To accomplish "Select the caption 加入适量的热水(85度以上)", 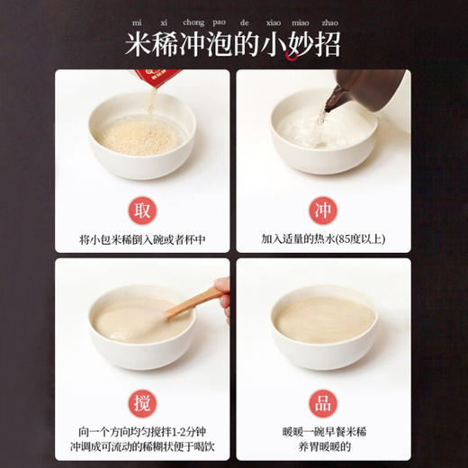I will pos(323,240).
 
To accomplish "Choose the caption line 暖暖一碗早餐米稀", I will pos(323,427).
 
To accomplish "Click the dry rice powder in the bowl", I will pos(139,136).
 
